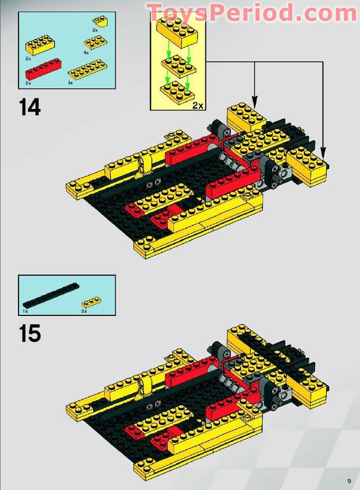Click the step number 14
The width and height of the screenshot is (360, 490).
(x=30, y=107)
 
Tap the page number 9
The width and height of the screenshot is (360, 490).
(x=349, y=480)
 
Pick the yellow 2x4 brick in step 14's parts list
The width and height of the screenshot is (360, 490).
(x=41, y=45)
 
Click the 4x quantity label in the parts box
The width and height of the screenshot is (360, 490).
(x=86, y=52)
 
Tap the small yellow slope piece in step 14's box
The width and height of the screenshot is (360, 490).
(x=100, y=21)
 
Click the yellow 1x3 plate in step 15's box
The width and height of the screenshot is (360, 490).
(x=92, y=303)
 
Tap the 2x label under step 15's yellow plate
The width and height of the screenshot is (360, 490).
(x=84, y=311)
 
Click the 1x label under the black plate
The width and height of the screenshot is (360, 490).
(x=25, y=311)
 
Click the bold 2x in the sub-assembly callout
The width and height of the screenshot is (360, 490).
(x=197, y=105)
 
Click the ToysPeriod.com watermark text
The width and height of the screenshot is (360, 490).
(x=252, y=13)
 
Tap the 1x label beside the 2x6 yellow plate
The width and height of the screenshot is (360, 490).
(x=70, y=83)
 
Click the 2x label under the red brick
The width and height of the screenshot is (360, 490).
(x=28, y=83)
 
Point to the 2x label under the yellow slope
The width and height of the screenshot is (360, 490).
(x=95, y=30)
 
